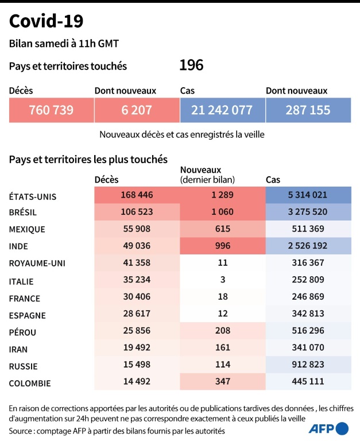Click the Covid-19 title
(x=47, y=21)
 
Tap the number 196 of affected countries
(x=191, y=65)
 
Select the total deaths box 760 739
(x=51, y=110)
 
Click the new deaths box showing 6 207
(x=137, y=110)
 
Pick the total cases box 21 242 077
(x=222, y=110)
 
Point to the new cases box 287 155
(x=308, y=110)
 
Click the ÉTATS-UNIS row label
(x=33, y=196)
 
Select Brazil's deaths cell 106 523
(x=137, y=211)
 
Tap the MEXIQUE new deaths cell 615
(x=222, y=229)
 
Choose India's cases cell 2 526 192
(x=308, y=246)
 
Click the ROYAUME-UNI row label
(x=37, y=264)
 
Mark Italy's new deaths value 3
(x=222, y=280)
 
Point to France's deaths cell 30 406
(x=137, y=297)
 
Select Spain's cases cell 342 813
(x=308, y=314)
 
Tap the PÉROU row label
(x=25, y=332)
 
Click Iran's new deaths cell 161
(x=222, y=347)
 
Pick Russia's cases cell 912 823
(x=308, y=365)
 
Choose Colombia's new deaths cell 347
(x=222, y=381)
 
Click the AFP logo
(x=329, y=428)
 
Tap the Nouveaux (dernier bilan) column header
(x=207, y=175)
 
